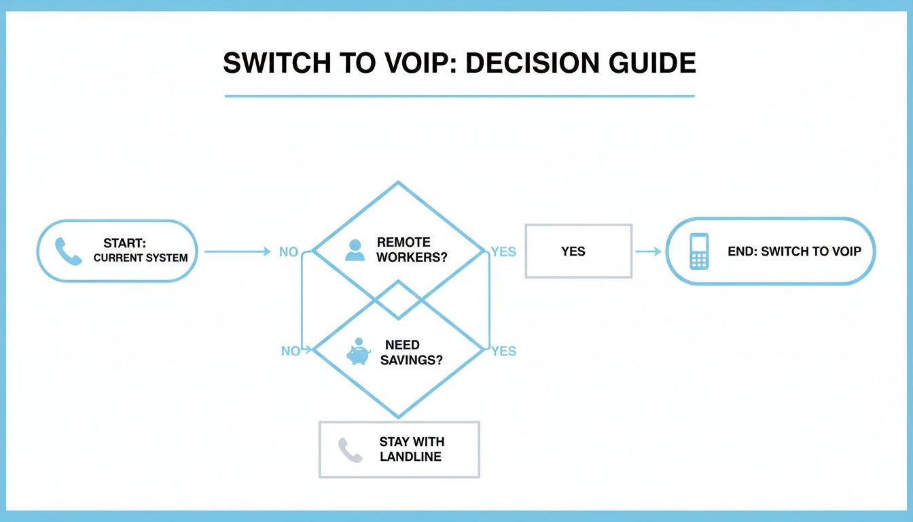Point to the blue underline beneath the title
(459, 96)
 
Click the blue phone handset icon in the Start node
(68, 251)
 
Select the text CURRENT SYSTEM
(141, 258)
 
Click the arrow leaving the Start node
(237, 251)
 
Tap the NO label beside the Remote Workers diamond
(289, 252)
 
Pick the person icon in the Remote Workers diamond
(355, 250)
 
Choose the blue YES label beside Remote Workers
(503, 252)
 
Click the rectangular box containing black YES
(578, 251)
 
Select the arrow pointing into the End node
(648, 251)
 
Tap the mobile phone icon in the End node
(699, 251)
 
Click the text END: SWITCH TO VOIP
(794, 251)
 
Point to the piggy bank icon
(358, 352)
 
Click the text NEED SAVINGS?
(411, 353)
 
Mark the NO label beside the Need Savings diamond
(290, 351)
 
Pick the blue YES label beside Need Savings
(503, 351)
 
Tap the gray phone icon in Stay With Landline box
(351, 450)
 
